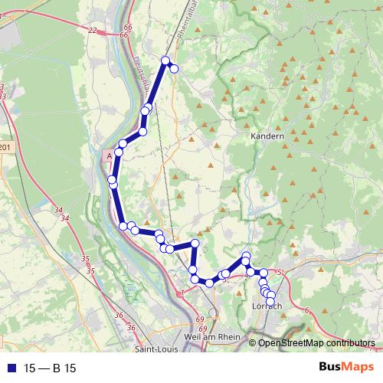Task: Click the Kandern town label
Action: [267, 136]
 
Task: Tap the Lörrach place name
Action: [267, 306]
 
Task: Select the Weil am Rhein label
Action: [213, 337]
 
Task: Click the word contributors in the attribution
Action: [348, 343]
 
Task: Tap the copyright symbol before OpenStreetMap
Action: [253, 343]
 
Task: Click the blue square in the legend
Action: [9, 368]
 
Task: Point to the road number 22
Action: [93, 30]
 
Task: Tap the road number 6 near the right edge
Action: [306, 309]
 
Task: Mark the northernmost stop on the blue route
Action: [165, 60]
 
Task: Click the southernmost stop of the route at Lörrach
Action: [270, 301]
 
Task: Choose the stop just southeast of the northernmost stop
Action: [174, 69]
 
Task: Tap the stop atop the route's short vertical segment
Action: [195, 244]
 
